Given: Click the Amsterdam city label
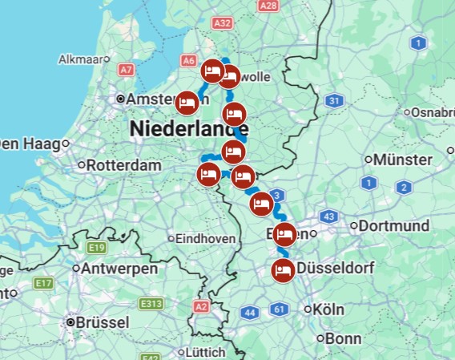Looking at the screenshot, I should [x=155, y=99].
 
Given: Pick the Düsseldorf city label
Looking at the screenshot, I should [x=336, y=269].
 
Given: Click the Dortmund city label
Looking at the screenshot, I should [x=393, y=226].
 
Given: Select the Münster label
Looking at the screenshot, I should [x=403, y=160].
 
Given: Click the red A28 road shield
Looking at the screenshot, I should [x=268, y=6].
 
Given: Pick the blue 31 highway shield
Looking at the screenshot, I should [x=335, y=101].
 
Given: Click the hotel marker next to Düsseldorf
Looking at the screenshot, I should [x=282, y=270].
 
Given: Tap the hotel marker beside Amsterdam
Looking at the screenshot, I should [x=187, y=103].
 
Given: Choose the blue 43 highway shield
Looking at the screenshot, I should [x=328, y=217].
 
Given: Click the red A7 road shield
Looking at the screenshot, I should [x=126, y=70].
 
